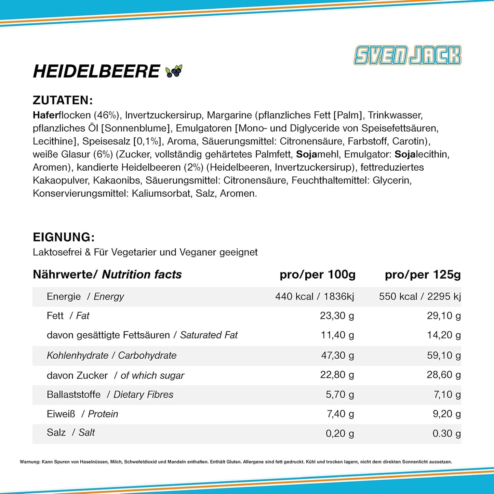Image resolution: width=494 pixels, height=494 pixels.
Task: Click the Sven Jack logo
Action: (407, 55)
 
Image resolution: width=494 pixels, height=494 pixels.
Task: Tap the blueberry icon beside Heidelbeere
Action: (174, 71)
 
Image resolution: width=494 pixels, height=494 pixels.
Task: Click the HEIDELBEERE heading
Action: (96, 71)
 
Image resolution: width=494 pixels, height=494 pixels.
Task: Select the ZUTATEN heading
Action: (63, 100)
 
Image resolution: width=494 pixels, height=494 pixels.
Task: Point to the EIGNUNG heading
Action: (64, 237)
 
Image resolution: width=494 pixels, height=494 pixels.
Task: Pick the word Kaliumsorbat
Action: (161, 193)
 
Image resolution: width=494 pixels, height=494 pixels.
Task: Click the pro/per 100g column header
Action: (317, 275)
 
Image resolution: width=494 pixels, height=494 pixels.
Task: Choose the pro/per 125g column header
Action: (423, 275)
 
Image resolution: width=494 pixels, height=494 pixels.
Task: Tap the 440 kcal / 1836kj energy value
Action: (315, 296)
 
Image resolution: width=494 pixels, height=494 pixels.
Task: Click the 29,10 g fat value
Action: (443, 316)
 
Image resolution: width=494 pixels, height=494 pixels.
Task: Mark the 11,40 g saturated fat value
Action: (337, 335)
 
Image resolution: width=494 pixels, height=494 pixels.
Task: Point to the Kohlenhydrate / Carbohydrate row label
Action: (111, 356)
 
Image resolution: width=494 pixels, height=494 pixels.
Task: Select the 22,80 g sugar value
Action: (337, 375)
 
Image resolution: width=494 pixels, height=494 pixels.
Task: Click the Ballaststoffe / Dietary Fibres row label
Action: (110, 395)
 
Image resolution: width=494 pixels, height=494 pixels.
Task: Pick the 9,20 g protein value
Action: (446, 414)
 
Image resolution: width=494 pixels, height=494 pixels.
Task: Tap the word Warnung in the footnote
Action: (30, 462)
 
